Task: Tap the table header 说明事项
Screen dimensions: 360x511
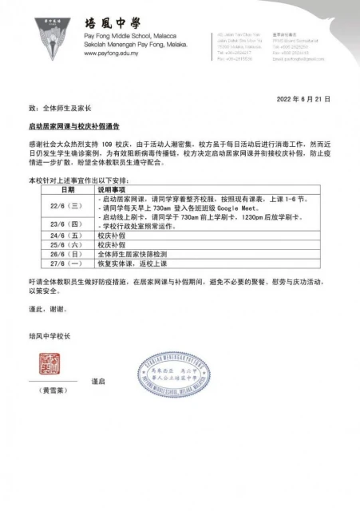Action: (x=112, y=191)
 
